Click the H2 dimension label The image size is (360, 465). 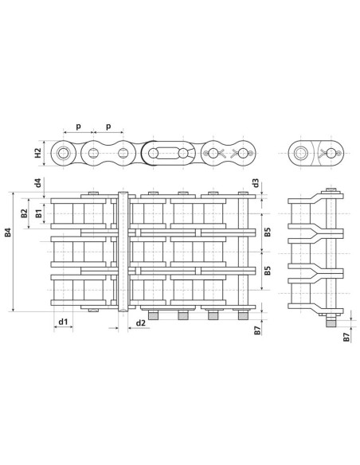(x=37, y=151)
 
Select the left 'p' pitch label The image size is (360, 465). (x=77, y=126)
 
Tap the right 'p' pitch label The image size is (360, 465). (x=108, y=126)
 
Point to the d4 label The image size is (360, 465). (x=38, y=183)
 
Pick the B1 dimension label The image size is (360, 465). (x=38, y=215)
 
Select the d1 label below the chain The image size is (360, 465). (x=63, y=322)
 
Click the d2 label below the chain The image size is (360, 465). (x=140, y=322)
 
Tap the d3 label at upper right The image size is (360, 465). (x=255, y=183)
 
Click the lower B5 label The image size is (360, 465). (x=268, y=271)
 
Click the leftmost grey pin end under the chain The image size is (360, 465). (x=153, y=315)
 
